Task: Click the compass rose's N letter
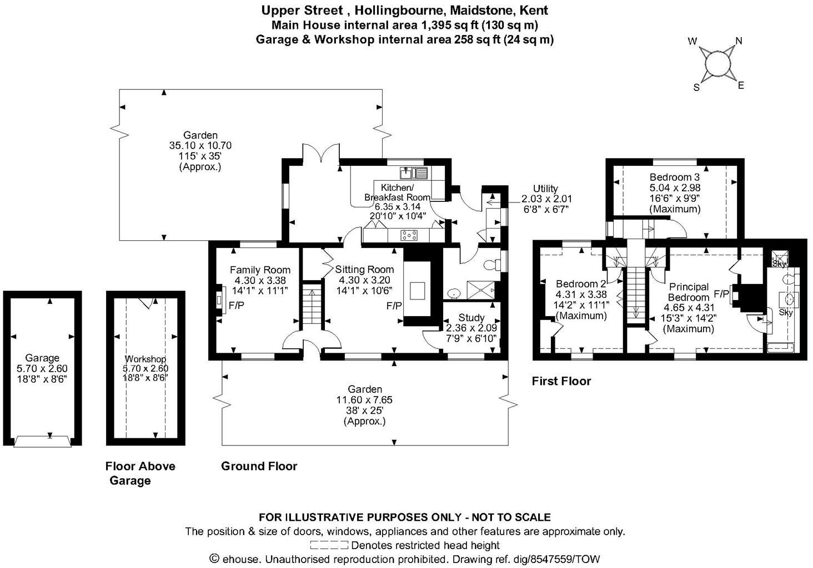point(739,40)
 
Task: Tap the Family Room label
point(260,270)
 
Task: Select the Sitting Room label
point(364,270)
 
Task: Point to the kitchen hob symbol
point(409,235)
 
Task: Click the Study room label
point(471,318)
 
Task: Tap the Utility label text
point(545,189)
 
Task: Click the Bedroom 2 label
point(581,285)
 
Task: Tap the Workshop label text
point(145,359)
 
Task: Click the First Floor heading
point(561,381)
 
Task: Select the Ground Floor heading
point(259,466)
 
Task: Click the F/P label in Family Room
point(236,305)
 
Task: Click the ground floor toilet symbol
point(491,265)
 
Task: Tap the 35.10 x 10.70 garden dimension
point(200,145)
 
